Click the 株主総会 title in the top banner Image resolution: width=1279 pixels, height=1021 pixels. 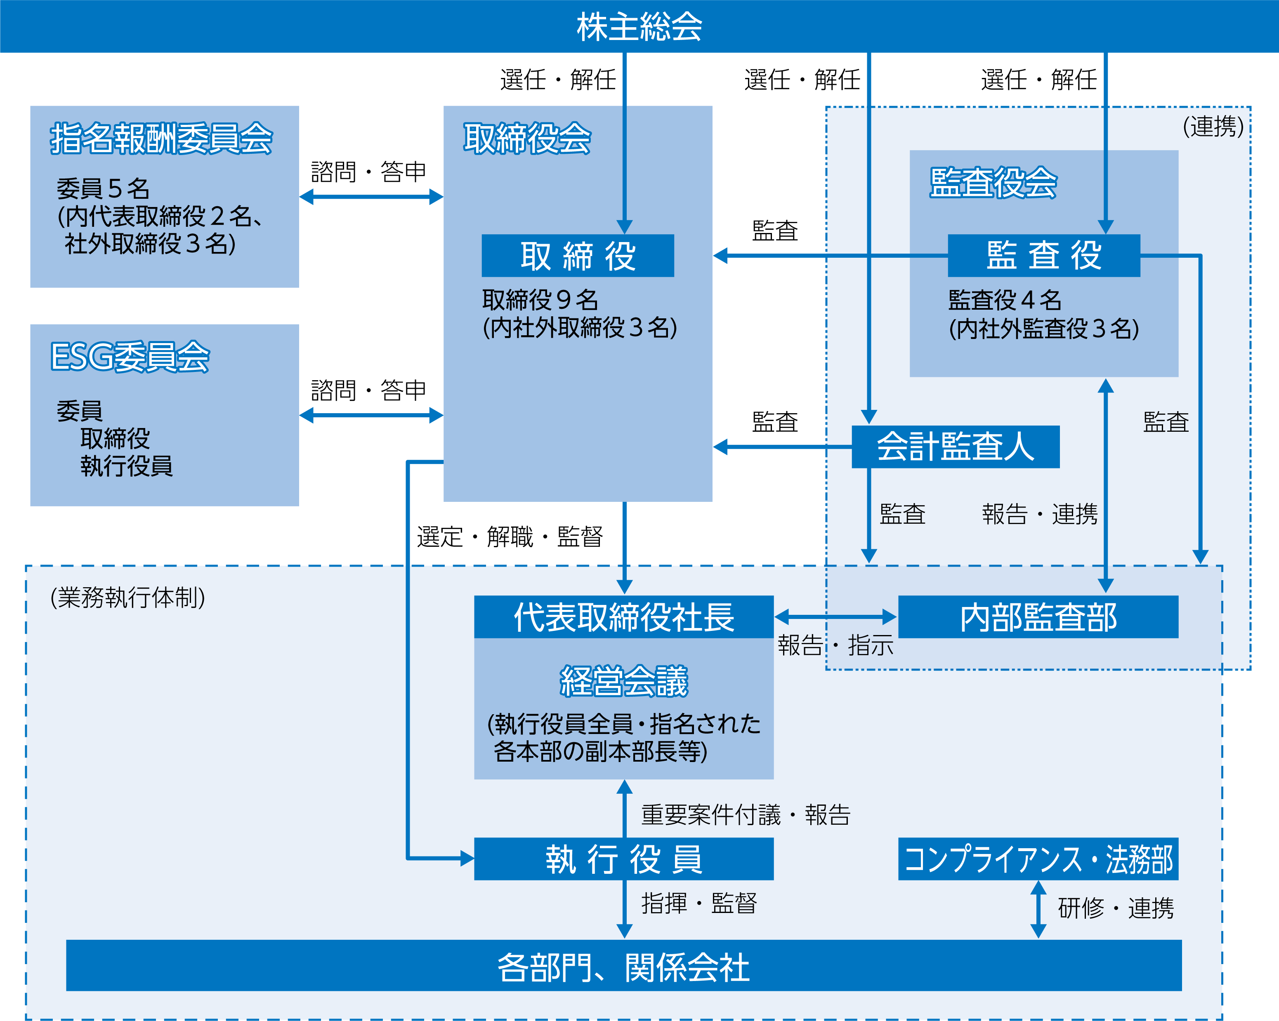(639, 27)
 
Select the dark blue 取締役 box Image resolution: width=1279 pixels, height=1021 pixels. (577, 256)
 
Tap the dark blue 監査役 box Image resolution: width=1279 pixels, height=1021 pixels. (1043, 256)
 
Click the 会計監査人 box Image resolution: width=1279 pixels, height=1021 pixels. (955, 447)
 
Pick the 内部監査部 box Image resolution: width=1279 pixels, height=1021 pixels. (1038, 616)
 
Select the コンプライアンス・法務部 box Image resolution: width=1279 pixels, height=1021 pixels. (1038, 859)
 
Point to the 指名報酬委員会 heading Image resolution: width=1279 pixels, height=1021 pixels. (161, 138)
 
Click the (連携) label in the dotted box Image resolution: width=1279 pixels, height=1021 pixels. (1213, 126)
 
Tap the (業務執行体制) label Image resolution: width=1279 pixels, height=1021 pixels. (127, 597)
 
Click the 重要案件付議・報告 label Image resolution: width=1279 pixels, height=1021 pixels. (746, 815)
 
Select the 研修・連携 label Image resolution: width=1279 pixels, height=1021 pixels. (1115, 908)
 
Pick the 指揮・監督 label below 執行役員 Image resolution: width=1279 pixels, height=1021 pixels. (699, 903)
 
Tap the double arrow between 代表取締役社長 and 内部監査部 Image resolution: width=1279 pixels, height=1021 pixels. (835, 616)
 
